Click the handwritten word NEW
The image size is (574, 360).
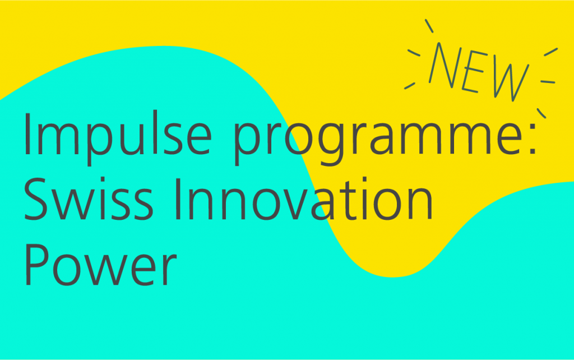pyautogui.click(x=479, y=70)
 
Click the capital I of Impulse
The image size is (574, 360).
pyautogui.click(x=27, y=135)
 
